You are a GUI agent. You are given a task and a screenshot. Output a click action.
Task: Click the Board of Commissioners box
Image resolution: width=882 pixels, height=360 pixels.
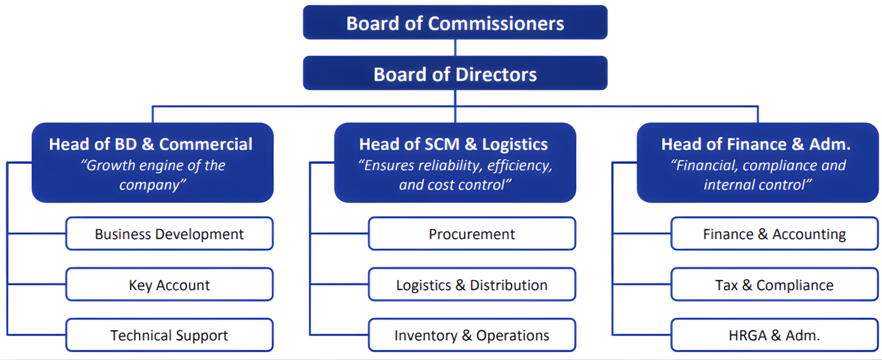tap(455, 23)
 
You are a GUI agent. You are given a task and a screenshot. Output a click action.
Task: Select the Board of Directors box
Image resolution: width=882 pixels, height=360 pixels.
tap(455, 73)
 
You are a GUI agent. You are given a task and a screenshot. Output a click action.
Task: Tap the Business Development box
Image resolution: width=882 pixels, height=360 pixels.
tap(169, 234)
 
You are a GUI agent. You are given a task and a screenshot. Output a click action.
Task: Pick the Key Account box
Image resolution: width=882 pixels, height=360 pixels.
tap(169, 284)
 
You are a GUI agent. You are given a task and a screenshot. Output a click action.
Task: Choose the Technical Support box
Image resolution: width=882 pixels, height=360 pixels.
tap(169, 335)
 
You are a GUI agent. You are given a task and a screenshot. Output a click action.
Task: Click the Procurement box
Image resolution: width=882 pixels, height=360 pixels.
tap(472, 234)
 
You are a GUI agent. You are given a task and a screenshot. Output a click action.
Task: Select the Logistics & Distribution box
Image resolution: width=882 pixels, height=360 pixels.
tap(472, 284)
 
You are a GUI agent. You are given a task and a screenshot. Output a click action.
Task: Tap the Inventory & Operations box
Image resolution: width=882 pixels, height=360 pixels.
tap(472, 335)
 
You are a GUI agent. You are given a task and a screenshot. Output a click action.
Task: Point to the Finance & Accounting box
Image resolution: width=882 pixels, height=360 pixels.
tap(774, 234)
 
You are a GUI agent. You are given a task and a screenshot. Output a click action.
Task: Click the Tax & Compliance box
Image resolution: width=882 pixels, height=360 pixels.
tap(774, 284)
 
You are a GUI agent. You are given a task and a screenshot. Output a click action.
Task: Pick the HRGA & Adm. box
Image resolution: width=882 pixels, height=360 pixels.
tap(774, 335)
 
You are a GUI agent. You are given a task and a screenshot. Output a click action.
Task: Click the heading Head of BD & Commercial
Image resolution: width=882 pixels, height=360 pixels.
tap(150, 144)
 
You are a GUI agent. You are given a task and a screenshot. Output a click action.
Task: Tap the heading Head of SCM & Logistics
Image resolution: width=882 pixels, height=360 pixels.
tap(453, 144)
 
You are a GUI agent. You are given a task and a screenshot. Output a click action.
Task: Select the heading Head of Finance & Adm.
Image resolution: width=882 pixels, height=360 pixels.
tap(756, 144)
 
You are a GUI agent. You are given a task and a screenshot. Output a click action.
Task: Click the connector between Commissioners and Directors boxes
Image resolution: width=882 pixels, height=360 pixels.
tap(455, 47)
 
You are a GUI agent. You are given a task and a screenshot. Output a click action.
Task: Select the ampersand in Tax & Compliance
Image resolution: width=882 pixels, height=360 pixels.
tap(747, 285)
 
